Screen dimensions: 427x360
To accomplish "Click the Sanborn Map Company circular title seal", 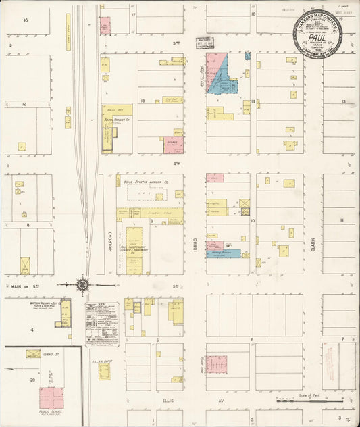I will tap(317, 34).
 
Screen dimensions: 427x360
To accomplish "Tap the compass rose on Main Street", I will tap(82, 285).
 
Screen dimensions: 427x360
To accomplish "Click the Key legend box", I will tap(102, 323).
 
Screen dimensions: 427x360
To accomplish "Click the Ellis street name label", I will tap(168, 400).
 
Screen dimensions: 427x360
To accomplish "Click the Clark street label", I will tap(313, 245).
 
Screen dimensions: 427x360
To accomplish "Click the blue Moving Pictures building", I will tap(223, 254).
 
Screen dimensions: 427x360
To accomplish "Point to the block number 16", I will tap(26, 20).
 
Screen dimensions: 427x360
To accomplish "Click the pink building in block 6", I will tap(217, 363).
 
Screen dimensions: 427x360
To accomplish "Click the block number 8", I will tap(28, 225).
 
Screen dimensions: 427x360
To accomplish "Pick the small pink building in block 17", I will tap(105, 26).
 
